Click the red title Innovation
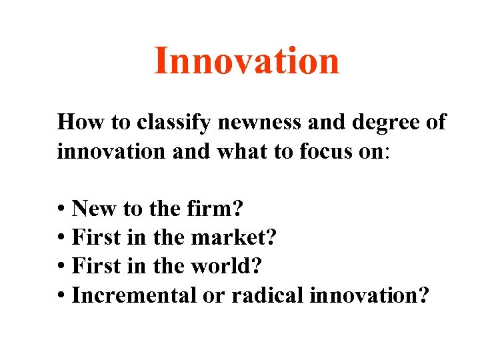247,61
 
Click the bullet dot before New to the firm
61,211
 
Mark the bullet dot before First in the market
61,239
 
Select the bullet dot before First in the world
61,267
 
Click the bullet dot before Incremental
61,296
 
